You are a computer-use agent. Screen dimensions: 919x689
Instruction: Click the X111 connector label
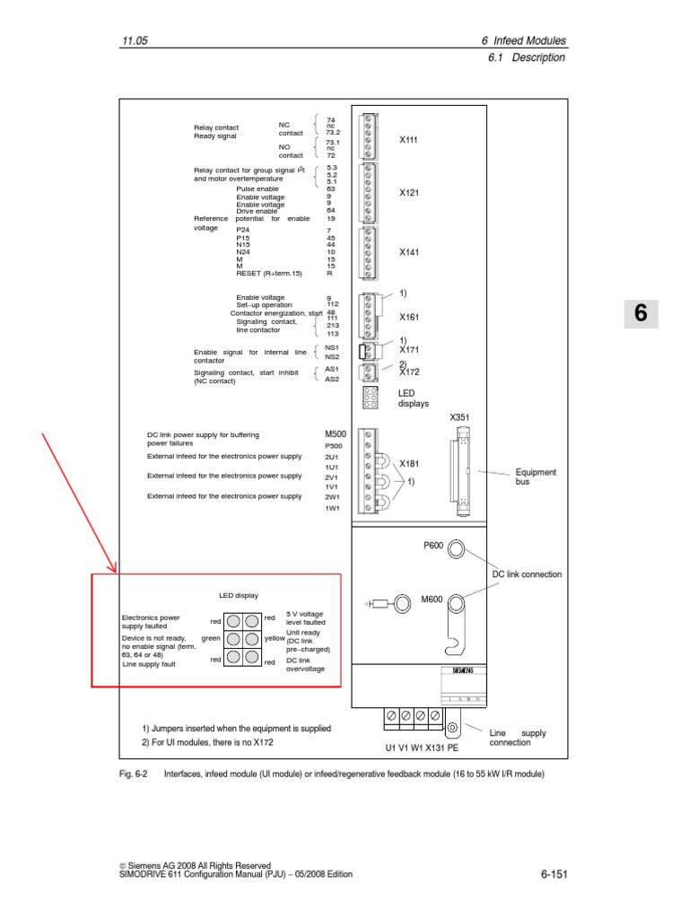coord(408,140)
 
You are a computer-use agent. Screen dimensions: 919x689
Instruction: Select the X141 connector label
coord(408,253)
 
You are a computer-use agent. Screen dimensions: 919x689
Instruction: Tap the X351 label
coord(459,417)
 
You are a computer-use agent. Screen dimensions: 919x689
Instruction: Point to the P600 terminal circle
coord(456,548)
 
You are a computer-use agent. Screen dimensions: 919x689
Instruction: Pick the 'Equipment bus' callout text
coord(536,477)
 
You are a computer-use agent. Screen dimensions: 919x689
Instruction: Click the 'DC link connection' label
coord(528,574)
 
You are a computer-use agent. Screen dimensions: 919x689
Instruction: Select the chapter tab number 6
coord(641,313)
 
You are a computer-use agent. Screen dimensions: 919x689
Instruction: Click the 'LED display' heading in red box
coord(239,595)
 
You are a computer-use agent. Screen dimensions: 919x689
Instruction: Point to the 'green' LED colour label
coord(211,639)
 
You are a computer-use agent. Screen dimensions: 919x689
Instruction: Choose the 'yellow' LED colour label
coord(275,639)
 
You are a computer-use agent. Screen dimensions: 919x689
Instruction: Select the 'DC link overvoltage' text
coord(305,664)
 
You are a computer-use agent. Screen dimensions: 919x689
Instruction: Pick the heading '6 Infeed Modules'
coord(524,41)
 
